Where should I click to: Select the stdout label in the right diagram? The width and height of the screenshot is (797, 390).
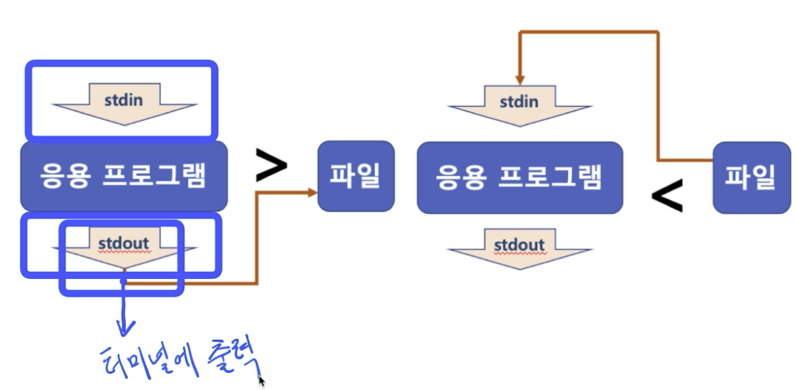pyautogui.click(x=519, y=243)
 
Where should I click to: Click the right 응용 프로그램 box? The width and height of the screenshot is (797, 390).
pyautogui.click(x=519, y=178)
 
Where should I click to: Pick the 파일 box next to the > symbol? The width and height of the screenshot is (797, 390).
pyautogui.click(x=356, y=176)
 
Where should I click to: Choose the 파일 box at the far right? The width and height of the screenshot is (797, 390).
pyautogui.click(x=751, y=178)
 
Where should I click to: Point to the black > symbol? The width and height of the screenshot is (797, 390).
pyautogui.click(x=271, y=167)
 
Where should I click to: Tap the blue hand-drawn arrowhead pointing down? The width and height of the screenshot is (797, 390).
pyautogui.click(x=125, y=326)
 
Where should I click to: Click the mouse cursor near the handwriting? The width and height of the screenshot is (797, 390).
pyautogui.click(x=261, y=381)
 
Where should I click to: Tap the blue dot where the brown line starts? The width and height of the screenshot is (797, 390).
pyautogui.click(x=124, y=281)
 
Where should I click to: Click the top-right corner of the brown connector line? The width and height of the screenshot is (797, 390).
pyautogui.click(x=658, y=31)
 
